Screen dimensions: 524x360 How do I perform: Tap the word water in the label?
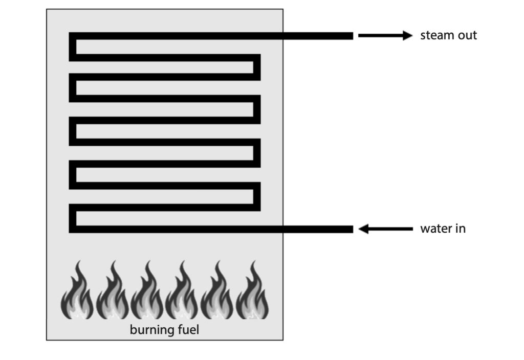pyautogui.click(x=435, y=229)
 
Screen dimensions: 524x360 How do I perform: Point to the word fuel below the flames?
pyautogui.click(x=188, y=330)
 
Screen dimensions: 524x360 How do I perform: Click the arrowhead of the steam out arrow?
pyautogui.click(x=408, y=35)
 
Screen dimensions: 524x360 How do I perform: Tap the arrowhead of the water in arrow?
pyautogui.click(x=364, y=229)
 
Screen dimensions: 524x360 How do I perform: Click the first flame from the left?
pyautogui.click(x=77, y=290)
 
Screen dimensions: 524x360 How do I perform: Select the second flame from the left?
pyautogui.click(x=112, y=290)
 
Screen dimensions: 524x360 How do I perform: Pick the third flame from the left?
pyautogui.click(x=147, y=290)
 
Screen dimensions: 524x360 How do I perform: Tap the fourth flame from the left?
pyautogui.click(x=182, y=290)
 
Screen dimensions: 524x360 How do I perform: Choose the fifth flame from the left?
pyautogui.click(x=217, y=290)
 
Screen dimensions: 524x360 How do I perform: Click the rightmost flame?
pyautogui.click(x=252, y=290)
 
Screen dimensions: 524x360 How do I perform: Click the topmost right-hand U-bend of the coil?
pyautogui.click(x=257, y=67)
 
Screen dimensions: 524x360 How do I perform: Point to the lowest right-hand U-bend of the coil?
pyautogui.click(x=257, y=197)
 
